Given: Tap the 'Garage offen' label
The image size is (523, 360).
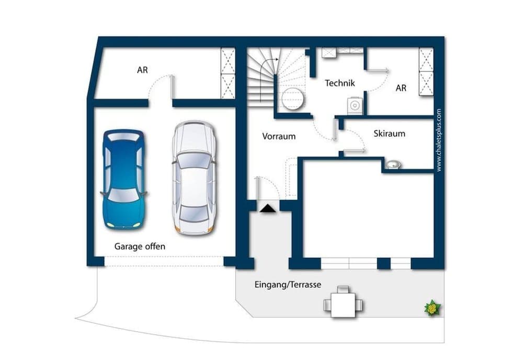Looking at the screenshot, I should [x=140, y=246].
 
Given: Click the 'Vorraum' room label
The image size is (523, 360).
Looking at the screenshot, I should [x=279, y=136].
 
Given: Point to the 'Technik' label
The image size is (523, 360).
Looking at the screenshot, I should [x=340, y=83].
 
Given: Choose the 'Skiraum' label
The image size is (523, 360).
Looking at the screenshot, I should [x=389, y=133].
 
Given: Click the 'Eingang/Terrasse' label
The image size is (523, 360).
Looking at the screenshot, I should [x=288, y=285].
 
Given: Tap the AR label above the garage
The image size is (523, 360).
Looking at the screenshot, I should [x=142, y=70].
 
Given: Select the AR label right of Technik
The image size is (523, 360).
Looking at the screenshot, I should [x=401, y=88].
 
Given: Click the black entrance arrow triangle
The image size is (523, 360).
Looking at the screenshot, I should [x=268, y=208].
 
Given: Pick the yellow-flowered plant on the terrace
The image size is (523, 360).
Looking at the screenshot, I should [x=432, y=308].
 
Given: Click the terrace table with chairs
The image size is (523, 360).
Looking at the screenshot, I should [x=343, y=302].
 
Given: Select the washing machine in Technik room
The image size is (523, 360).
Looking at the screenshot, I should [x=355, y=105].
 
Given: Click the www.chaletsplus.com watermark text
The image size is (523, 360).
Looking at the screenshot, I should [x=438, y=140].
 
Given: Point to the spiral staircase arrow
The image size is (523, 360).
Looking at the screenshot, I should [x=270, y=63].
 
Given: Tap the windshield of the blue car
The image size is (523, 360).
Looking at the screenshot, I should [x=123, y=195].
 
